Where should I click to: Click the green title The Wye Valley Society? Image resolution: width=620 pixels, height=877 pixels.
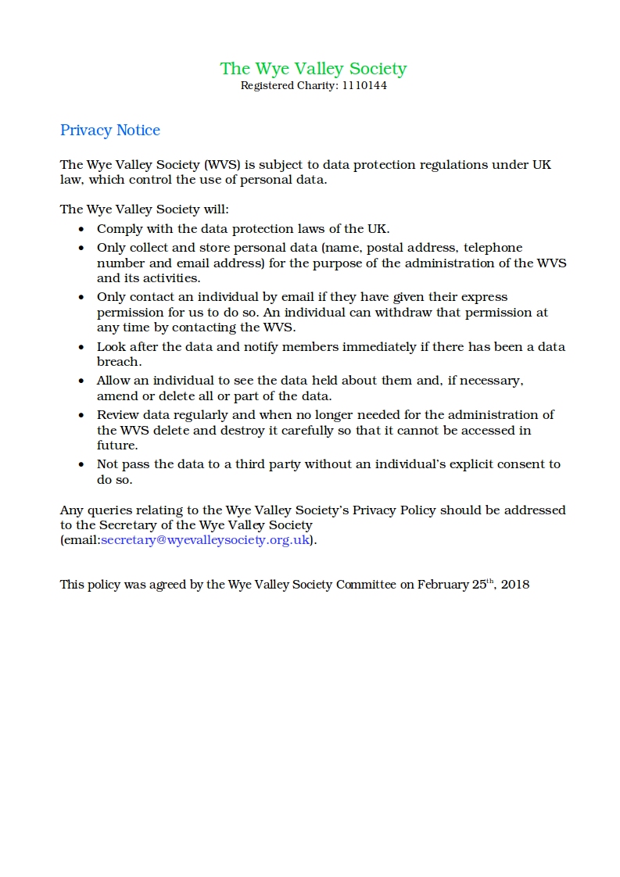coord(313,69)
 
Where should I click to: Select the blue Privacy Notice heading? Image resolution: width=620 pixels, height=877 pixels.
coord(110,131)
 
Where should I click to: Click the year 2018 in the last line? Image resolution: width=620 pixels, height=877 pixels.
coord(516,584)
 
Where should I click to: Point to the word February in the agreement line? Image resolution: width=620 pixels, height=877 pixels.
coord(442,584)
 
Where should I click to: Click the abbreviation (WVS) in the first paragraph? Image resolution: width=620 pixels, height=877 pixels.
coord(224,165)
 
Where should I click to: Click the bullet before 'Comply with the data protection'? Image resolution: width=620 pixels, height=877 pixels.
coord(81,230)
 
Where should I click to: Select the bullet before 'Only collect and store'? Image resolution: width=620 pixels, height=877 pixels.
coord(81,249)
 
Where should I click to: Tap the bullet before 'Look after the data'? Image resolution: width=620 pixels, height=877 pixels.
coord(81,347)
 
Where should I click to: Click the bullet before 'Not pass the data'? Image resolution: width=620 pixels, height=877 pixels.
coord(81,465)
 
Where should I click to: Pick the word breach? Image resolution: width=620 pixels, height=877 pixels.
coord(118,362)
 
